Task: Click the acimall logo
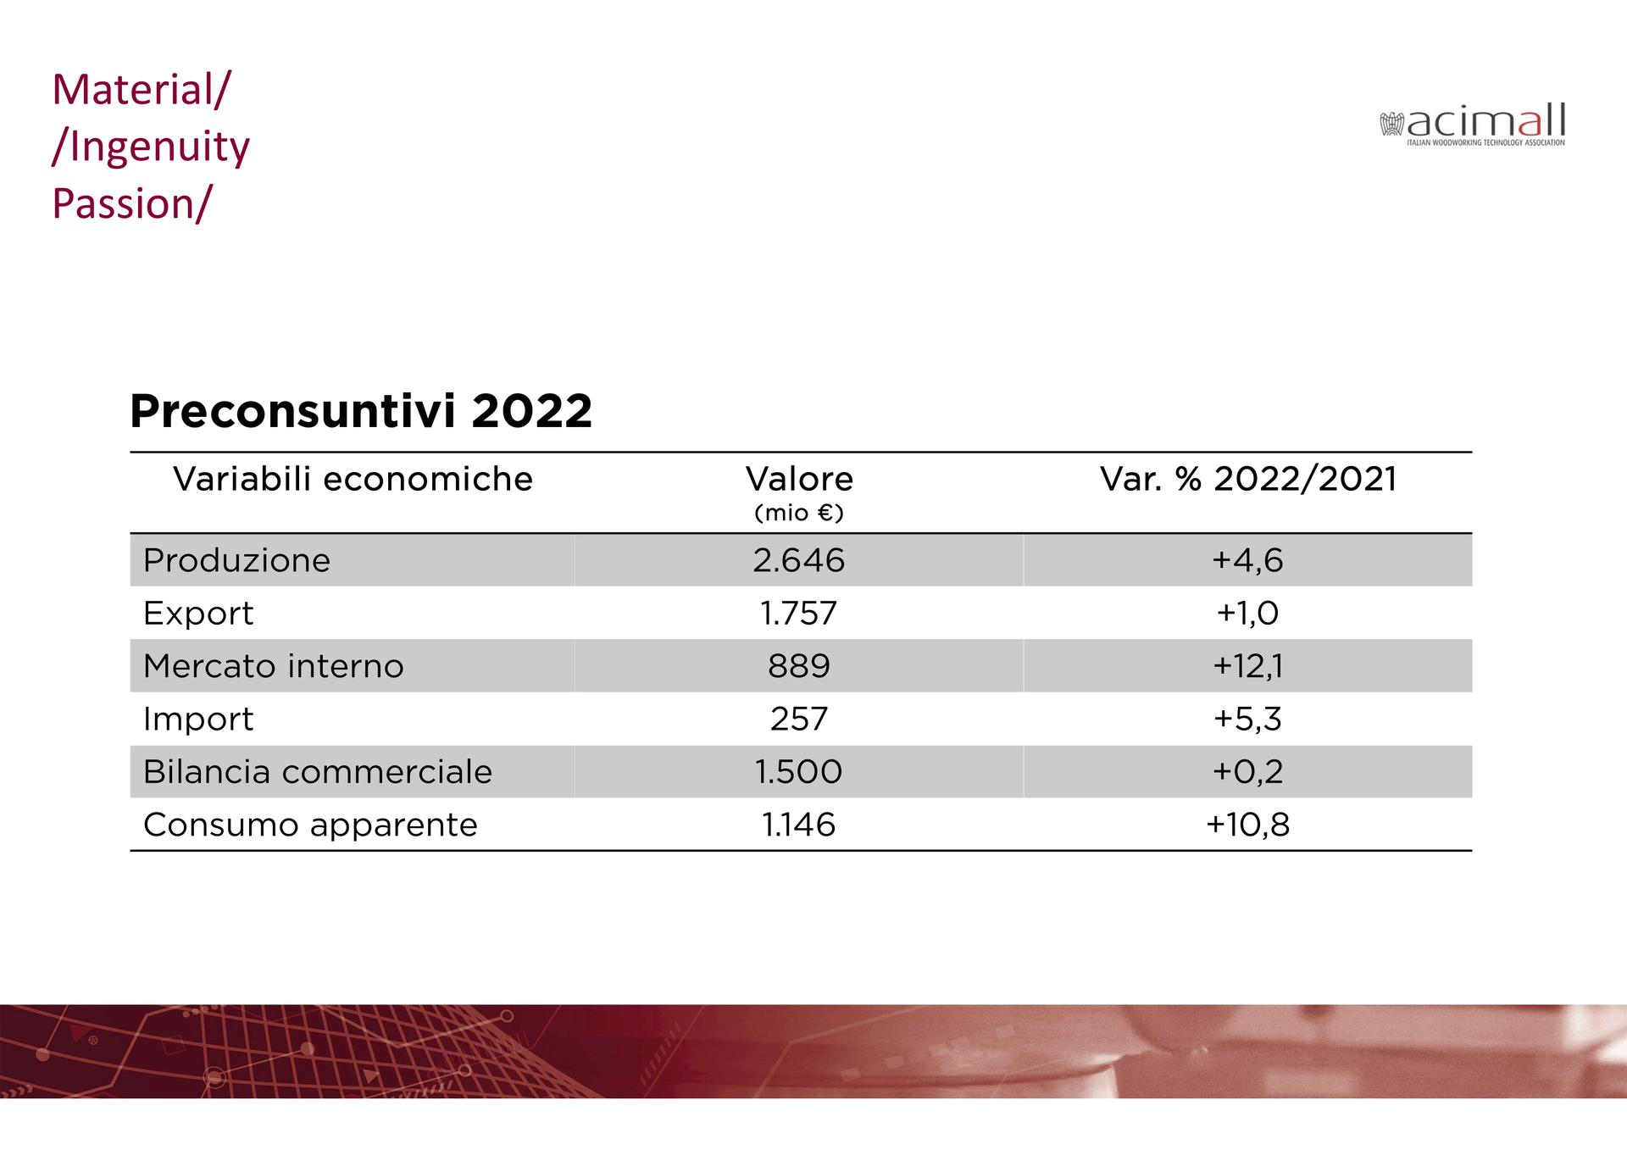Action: click(1473, 125)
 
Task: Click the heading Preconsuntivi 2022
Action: click(360, 412)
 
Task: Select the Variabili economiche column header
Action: click(353, 480)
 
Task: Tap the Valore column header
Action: click(799, 480)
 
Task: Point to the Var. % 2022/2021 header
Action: click(1247, 480)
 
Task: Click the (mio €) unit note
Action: click(798, 514)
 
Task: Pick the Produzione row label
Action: click(236, 561)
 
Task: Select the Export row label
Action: click(198, 614)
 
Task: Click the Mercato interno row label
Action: click(273, 666)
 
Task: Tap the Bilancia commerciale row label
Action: click(317, 772)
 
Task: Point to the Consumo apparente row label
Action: click(310, 825)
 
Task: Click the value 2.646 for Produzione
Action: click(798, 561)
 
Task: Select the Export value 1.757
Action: click(798, 614)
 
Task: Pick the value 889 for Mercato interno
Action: click(798, 666)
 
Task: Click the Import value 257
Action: click(798, 719)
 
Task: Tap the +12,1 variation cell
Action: click(1247, 666)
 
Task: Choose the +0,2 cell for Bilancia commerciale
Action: click(1247, 772)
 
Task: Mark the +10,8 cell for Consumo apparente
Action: click(1247, 825)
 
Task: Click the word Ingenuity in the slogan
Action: click(159, 147)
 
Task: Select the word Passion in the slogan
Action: click(124, 204)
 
